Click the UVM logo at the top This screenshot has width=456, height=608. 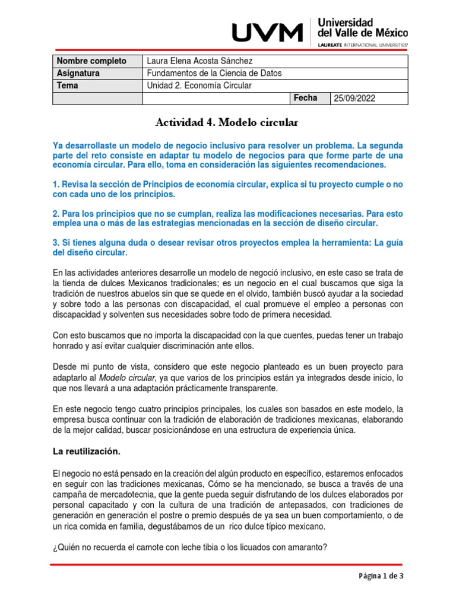[x=266, y=33]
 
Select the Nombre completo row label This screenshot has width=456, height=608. [x=91, y=61]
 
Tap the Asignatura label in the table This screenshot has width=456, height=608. [x=78, y=73]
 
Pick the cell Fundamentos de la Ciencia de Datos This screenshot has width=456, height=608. [x=214, y=73]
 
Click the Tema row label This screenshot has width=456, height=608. [x=68, y=85]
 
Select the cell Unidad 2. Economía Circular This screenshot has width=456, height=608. [x=199, y=85]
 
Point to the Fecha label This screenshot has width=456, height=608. [x=305, y=98]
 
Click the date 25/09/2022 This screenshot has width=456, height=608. [x=355, y=99]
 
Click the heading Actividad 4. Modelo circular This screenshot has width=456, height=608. [x=225, y=123]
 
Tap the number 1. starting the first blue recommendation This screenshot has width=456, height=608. [x=56, y=185]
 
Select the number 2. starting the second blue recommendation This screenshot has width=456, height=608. [x=56, y=213]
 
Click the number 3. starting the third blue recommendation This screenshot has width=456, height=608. [x=56, y=242]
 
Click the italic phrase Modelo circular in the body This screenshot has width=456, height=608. [x=123, y=378]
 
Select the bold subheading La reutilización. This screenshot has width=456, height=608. [x=87, y=452]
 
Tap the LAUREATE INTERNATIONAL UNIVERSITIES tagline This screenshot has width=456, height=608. [x=363, y=45]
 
